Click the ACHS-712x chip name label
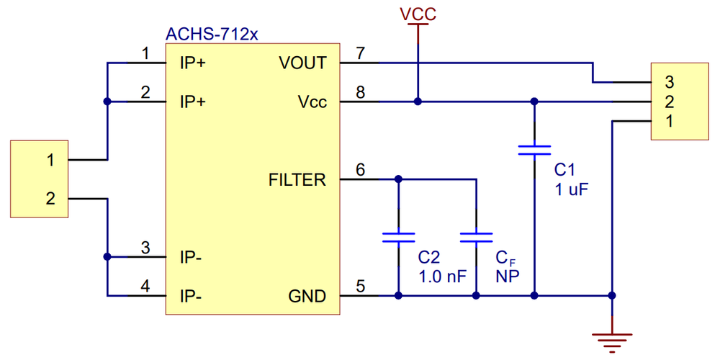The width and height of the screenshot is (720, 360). [x=212, y=35]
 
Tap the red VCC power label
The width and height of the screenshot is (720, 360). [x=418, y=14]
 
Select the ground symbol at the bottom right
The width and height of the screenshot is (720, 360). [x=612, y=343]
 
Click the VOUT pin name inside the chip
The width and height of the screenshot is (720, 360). [x=302, y=63]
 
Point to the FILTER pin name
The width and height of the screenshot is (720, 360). [x=297, y=181]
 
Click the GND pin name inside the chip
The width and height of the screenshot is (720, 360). [x=307, y=297]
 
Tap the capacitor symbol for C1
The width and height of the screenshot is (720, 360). [x=534, y=150]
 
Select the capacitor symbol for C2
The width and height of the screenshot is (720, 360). [x=399, y=237]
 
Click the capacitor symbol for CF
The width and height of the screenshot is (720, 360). [x=476, y=237]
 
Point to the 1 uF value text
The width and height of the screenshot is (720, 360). [x=571, y=189]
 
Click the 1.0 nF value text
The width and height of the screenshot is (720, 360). [x=443, y=277]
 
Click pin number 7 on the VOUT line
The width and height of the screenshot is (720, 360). [x=361, y=53]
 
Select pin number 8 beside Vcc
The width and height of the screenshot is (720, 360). [x=361, y=92]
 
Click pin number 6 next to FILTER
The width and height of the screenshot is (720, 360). [x=361, y=170]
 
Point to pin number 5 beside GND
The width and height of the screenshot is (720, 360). [x=361, y=287]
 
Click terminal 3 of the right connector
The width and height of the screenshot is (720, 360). [x=669, y=83]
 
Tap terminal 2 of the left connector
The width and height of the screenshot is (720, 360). [x=50, y=199]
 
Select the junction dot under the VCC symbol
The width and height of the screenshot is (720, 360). [x=418, y=102]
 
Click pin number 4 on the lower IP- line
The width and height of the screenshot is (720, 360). [x=145, y=287]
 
